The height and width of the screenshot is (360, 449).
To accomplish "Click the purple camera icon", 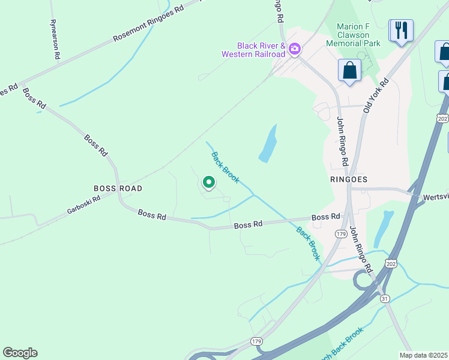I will pyautogui.click(x=294, y=49).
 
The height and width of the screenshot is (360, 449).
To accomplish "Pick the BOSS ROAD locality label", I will pyautogui.click(x=118, y=188).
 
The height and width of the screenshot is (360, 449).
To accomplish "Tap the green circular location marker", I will pyautogui.click(x=208, y=182).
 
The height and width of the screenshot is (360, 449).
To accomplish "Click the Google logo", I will pyautogui.click(x=20, y=353).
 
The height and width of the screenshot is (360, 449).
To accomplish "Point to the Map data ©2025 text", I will pyautogui.click(x=423, y=355).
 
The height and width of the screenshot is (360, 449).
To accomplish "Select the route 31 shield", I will pyautogui.click(x=385, y=298).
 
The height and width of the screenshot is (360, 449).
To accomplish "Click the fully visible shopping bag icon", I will pyautogui.click(x=349, y=71).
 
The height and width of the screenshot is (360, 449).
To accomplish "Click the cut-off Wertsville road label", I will pyautogui.click(x=436, y=197).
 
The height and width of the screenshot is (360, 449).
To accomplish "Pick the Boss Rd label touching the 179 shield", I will pyautogui.click(x=326, y=217).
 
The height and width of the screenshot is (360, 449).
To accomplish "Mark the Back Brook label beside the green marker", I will pyautogui.click(x=225, y=167).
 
